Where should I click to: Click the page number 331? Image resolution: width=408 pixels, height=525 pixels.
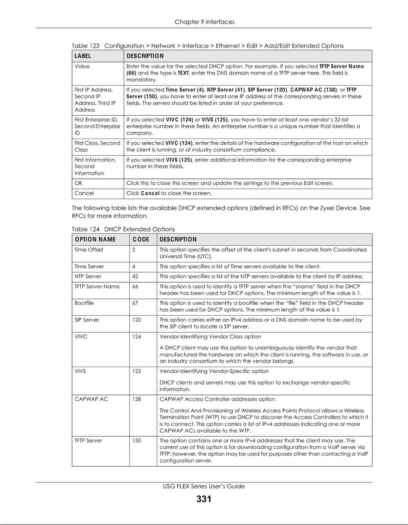pos(204,499)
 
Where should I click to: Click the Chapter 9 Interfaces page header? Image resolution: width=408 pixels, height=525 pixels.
pos(204,22)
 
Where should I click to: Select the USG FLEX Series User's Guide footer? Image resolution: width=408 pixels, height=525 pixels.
pos(204,486)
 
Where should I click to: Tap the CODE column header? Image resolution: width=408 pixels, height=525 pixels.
pos(141,240)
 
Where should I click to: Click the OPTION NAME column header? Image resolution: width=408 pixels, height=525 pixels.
pos(95,240)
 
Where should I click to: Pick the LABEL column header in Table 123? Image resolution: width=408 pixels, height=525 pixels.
pos(83,56)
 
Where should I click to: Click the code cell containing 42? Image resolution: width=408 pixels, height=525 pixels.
pos(136,276)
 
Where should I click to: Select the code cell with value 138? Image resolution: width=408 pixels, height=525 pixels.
pos(136,399)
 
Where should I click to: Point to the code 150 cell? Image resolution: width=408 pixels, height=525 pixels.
pos(136,441)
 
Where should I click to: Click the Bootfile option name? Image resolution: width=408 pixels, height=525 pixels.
pos(84,303)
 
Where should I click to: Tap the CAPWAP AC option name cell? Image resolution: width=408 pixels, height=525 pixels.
pos(91,399)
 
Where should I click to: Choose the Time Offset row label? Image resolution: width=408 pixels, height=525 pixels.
pos(89,250)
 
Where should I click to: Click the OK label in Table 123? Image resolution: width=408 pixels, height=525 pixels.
pos(78,183)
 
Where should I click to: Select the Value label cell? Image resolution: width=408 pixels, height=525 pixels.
pos(82,66)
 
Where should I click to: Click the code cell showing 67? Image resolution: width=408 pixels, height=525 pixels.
pos(135,303)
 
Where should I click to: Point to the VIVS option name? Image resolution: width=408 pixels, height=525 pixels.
pos(80,371)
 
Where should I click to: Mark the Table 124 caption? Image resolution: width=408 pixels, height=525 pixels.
pos(123,229)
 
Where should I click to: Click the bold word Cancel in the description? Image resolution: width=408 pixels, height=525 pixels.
pos(150,193)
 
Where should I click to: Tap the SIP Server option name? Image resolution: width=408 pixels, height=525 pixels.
pos(87,320)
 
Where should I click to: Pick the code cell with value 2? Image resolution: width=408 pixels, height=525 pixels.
pos(134,250)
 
